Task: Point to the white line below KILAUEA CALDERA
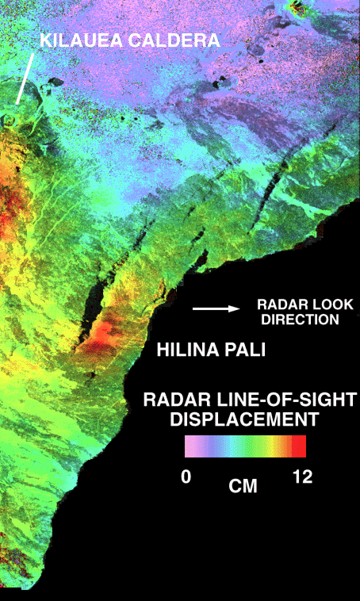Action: pyautogui.click(x=25, y=79)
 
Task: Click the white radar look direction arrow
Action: pyautogui.click(x=216, y=308)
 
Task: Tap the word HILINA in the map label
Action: pyautogui.click(x=185, y=349)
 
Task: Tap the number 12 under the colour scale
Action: pyautogui.click(x=302, y=477)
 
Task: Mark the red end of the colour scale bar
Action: pyautogui.click(x=298, y=446)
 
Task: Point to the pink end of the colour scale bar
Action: pyautogui.click(x=190, y=446)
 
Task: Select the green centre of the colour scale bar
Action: pyautogui.click(x=244, y=446)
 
